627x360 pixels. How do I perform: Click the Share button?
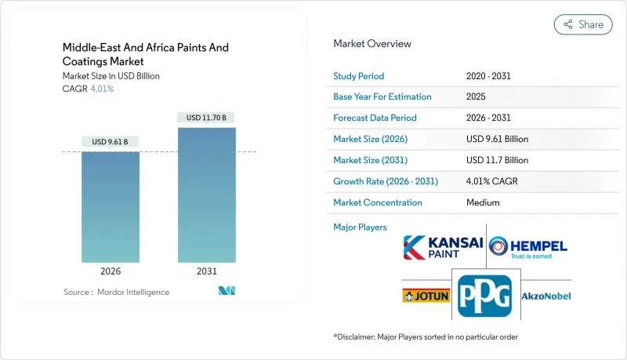pyautogui.click(x=583, y=24)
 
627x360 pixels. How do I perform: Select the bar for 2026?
pyautogui.click(x=111, y=207)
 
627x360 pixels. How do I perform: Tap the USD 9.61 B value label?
pyautogui.click(x=111, y=142)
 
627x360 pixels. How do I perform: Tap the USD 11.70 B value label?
pyautogui.click(x=207, y=118)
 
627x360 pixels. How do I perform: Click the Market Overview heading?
pyautogui.click(x=372, y=44)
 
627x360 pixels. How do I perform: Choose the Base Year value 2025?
pyautogui.click(x=476, y=97)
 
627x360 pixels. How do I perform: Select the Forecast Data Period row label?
pyautogui.click(x=375, y=118)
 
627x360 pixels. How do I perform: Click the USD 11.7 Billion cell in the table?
pyautogui.click(x=497, y=160)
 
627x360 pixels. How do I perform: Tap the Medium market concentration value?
pyautogui.click(x=481, y=202)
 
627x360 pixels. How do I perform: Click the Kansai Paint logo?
pyautogui.click(x=443, y=248)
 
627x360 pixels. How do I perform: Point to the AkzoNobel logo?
pyautogui.click(x=546, y=296)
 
